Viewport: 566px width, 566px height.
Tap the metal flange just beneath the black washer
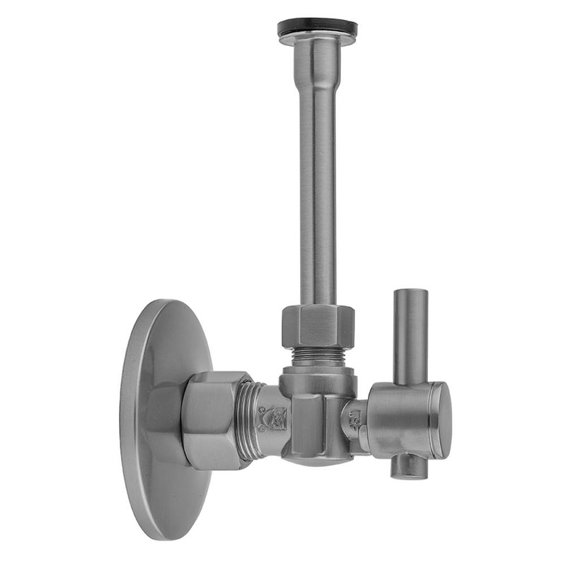(x=317, y=40)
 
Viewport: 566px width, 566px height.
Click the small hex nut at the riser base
(x=318, y=325)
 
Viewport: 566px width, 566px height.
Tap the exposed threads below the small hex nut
(x=318, y=357)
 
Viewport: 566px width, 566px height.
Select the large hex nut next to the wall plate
(x=212, y=421)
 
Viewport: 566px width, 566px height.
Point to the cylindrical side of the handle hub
(x=400, y=421)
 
